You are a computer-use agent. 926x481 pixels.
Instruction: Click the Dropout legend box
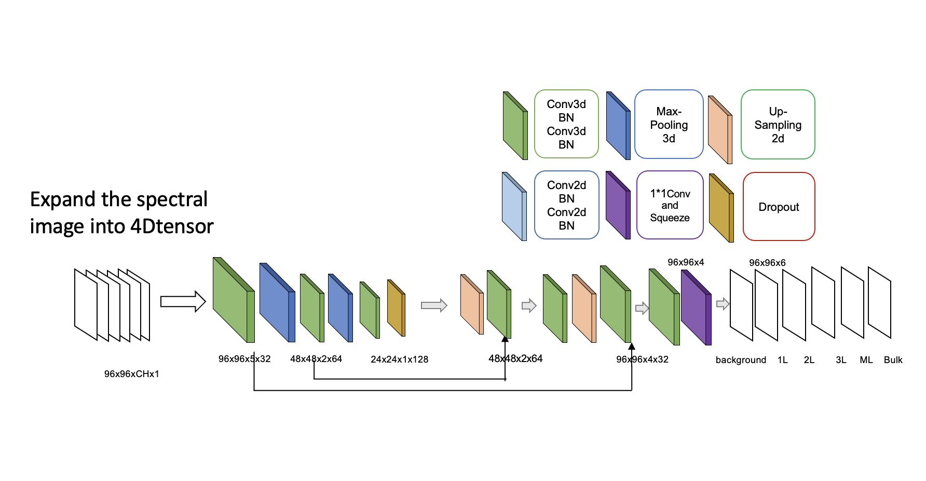point(779,207)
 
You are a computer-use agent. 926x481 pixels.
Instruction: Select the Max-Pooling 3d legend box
point(669,125)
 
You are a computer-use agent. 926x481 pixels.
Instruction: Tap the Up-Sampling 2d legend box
point(778,125)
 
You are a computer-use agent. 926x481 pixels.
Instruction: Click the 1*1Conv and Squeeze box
point(670,205)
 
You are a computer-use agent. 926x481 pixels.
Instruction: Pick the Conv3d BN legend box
point(566,124)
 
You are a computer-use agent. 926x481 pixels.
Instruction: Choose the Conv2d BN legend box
point(566,205)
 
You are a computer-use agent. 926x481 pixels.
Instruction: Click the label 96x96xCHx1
point(131,374)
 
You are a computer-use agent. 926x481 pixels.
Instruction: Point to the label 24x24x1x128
point(399,359)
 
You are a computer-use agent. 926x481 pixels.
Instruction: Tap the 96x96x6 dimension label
point(767,263)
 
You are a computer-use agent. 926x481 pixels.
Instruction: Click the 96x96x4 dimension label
point(686,262)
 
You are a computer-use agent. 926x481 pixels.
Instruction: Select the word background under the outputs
point(741,360)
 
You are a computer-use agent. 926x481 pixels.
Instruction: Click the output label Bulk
point(893,360)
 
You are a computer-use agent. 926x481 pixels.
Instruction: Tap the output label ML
point(866,360)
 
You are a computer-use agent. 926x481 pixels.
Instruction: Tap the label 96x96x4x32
point(642,359)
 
